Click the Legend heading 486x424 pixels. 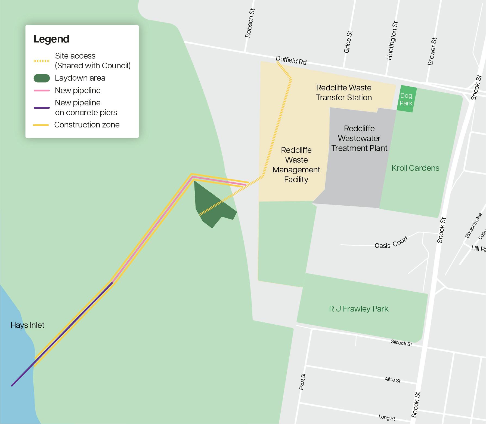(51, 39)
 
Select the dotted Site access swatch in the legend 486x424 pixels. (41, 61)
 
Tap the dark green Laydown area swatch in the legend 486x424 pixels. (42, 78)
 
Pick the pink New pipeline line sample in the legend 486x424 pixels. (41, 90)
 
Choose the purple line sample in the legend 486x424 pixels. (41, 108)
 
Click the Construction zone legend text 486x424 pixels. (87, 125)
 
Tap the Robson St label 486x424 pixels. (250, 23)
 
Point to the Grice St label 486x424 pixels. (348, 42)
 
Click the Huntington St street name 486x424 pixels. (392, 41)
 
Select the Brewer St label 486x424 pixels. (432, 51)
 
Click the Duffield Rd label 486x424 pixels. (291, 60)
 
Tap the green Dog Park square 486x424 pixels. (406, 99)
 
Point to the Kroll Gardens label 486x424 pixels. (415, 168)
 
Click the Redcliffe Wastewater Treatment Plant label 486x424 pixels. (359, 138)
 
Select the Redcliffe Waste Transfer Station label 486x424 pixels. (344, 93)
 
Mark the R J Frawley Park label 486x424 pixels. (358, 309)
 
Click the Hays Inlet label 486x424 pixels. (27, 325)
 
